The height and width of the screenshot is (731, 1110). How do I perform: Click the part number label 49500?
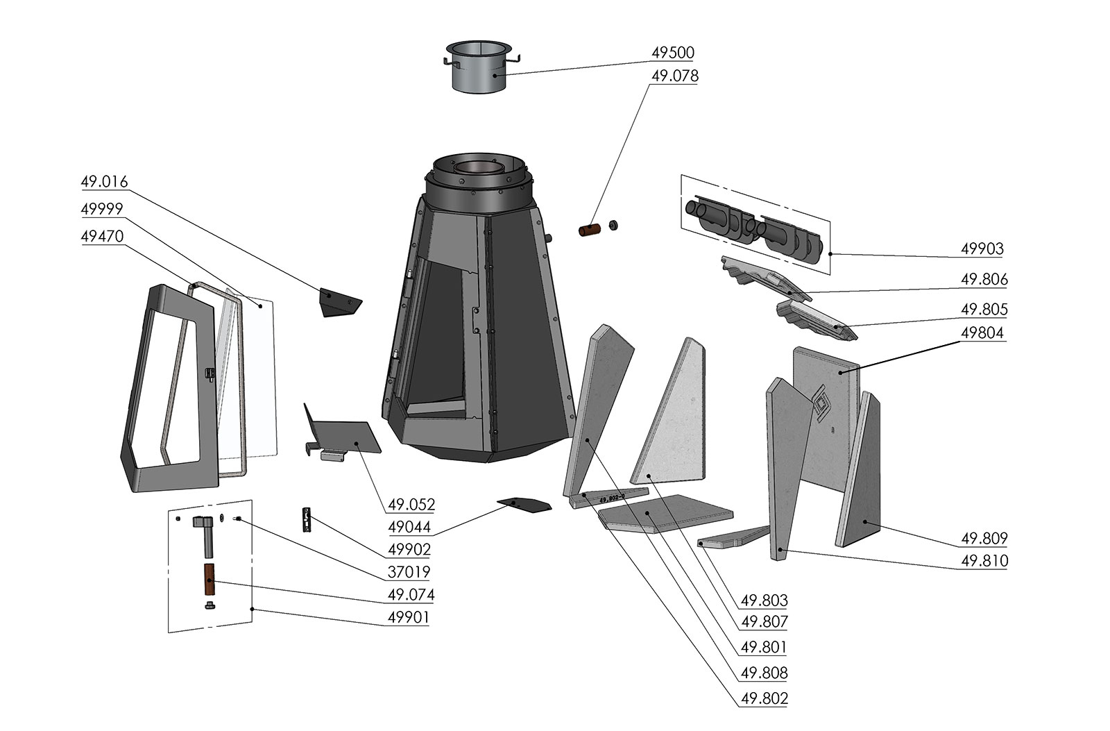672,53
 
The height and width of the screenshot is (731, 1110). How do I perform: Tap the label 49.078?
674,76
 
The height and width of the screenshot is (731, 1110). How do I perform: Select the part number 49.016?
104,181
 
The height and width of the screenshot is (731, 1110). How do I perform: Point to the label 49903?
982,249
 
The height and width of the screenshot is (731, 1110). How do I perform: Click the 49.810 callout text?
984,561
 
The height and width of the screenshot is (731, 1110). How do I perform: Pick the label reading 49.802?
764,698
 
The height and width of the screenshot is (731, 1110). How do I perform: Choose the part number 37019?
409,572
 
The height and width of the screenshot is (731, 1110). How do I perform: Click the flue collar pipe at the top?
479,68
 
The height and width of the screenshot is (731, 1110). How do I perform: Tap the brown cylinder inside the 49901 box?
209,579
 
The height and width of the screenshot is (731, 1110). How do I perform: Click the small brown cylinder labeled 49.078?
590,230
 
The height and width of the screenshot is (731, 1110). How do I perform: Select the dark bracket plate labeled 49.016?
340,302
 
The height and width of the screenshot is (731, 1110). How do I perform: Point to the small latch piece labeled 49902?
307,519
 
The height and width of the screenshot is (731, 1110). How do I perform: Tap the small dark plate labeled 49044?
524,505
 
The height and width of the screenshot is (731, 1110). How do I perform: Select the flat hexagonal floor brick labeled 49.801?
665,513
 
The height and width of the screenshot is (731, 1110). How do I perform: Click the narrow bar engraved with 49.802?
609,498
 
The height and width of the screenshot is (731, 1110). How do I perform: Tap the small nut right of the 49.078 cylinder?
613,226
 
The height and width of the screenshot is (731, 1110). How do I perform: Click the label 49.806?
984,279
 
